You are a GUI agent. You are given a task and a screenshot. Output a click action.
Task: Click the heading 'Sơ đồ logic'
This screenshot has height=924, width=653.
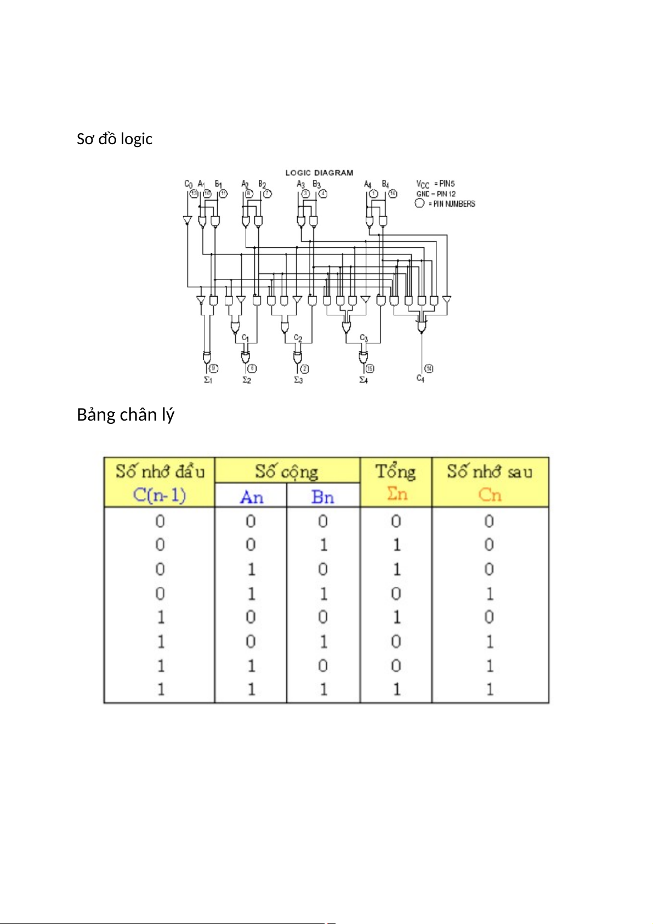(x=114, y=139)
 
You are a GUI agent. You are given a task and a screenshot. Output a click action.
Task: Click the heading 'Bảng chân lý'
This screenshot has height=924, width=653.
(x=125, y=415)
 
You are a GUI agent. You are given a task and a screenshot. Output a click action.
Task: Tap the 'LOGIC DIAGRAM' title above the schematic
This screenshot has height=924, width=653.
(x=319, y=173)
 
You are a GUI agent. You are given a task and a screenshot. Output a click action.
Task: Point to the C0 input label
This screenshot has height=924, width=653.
(x=188, y=184)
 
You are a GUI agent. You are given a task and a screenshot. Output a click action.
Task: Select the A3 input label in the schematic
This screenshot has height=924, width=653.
(x=300, y=184)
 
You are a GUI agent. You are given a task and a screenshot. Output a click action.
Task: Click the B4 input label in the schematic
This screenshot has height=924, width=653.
(x=385, y=184)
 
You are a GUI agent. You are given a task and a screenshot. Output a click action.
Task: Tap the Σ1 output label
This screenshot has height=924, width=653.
(x=208, y=380)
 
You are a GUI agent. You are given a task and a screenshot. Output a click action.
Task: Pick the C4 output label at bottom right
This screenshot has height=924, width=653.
(x=421, y=378)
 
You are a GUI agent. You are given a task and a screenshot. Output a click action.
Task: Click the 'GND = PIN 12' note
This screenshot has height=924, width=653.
(x=436, y=194)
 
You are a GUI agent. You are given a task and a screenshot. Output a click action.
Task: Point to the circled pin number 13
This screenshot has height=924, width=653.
(x=194, y=194)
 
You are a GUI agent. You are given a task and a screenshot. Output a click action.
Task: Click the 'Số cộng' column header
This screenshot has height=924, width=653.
(x=287, y=472)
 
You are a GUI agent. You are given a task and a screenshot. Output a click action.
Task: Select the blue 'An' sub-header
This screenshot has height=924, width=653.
(x=252, y=497)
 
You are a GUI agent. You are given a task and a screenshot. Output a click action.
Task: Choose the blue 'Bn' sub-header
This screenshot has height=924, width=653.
(x=322, y=497)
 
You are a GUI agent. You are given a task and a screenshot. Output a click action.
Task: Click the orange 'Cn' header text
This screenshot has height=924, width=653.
(x=490, y=495)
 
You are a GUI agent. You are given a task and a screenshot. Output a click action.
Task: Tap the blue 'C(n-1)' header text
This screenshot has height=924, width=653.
(x=160, y=495)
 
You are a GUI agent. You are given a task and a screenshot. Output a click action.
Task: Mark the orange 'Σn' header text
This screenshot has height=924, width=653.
(x=397, y=494)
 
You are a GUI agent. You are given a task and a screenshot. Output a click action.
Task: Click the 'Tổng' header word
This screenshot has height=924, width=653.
(x=395, y=472)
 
